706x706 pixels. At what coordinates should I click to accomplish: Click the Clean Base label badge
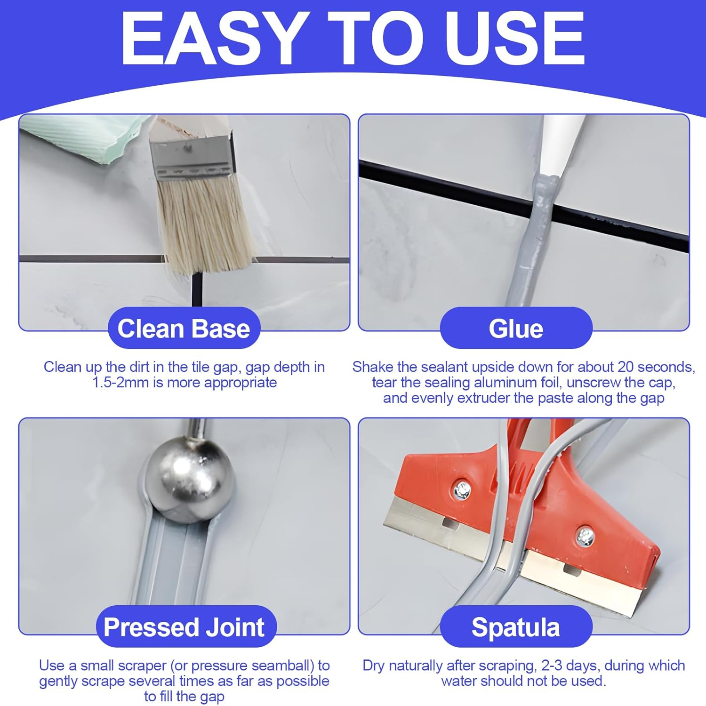[184, 329]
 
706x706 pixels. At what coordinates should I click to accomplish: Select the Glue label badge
[516, 329]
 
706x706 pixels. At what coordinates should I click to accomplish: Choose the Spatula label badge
[516, 627]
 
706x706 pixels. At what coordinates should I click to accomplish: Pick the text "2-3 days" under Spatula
[570, 666]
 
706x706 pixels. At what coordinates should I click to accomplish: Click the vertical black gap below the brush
[197, 289]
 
